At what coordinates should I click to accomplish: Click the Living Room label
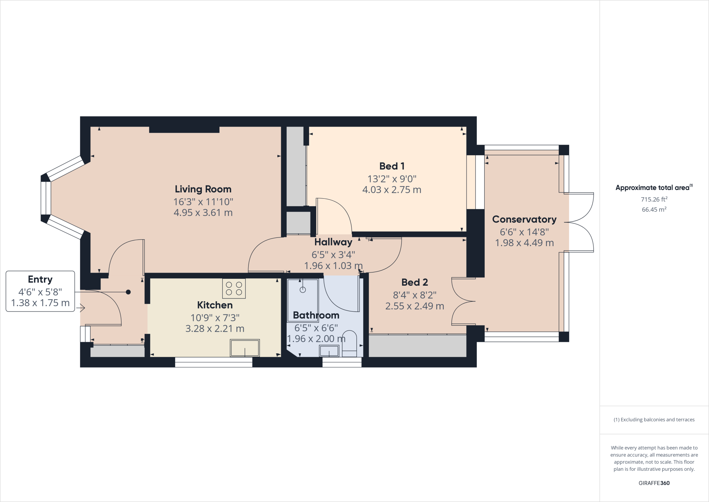pyautogui.click(x=203, y=189)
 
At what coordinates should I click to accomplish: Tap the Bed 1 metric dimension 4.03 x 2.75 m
pyautogui.click(x=392, y=190)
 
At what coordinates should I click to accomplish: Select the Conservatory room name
pyautogui.click(x=524, y=219)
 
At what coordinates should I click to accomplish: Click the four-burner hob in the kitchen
pyautogui.click(x=234, y=288)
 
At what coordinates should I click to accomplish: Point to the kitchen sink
pyautogui.click(x=245, y=348)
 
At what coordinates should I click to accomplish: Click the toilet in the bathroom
pyautogui.click(x=349, y=344)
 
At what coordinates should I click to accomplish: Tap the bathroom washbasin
pyautogui.click(x=329, y=351)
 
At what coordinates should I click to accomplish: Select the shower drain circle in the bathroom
pyautogui.click(x=303, y=289)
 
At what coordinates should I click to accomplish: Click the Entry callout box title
pyautogui.click(x=40, y=279)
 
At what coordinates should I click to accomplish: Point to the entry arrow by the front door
pyautogui.click(x=82, y=308)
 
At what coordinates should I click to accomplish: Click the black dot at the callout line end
pyautogui.click(x=128, y=292)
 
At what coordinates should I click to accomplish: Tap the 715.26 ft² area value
pyautogui.click(x=654, y=199)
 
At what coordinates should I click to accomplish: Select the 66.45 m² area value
pyautogui.click(x=654, y=209)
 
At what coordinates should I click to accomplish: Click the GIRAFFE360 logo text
pyautogui.click(x=654, y=483)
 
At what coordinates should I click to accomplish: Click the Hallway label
pyautogui.click(x=333, y=242)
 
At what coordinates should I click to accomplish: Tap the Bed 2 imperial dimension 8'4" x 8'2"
pyautogui.click(x=414, y=295)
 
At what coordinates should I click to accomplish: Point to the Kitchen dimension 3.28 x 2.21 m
pyautogui.click(x=215, y=329)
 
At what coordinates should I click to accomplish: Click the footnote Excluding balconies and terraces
pyautogui.click(x=654, y=419)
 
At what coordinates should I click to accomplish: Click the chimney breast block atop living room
pyautogui.click(x=184, y=130)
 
